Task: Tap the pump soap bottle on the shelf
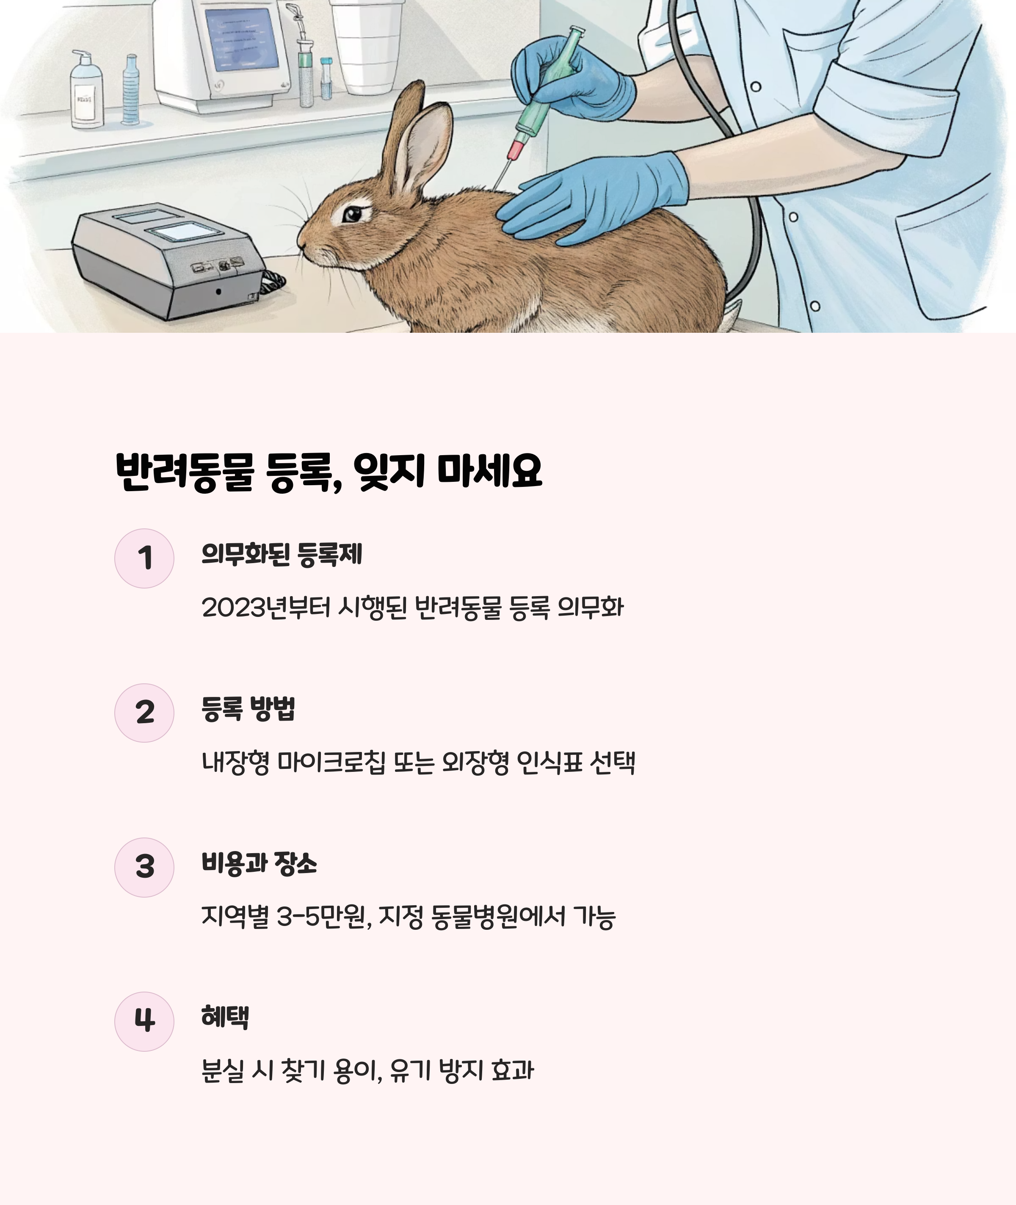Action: tap(86, 89)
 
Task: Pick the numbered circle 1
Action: tap(144, 558)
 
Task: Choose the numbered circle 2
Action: tap(144, 713)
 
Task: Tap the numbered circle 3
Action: tap(144, 867)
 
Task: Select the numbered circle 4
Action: tap(144, 1021)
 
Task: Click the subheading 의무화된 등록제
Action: tap(282, 554)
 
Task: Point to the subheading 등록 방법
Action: tap(248, 708)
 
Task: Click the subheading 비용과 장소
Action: tap(259, 863)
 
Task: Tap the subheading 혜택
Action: tap(225, 1017)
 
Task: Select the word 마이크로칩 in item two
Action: tap(331, 762)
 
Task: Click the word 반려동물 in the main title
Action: tap(185, 471)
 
